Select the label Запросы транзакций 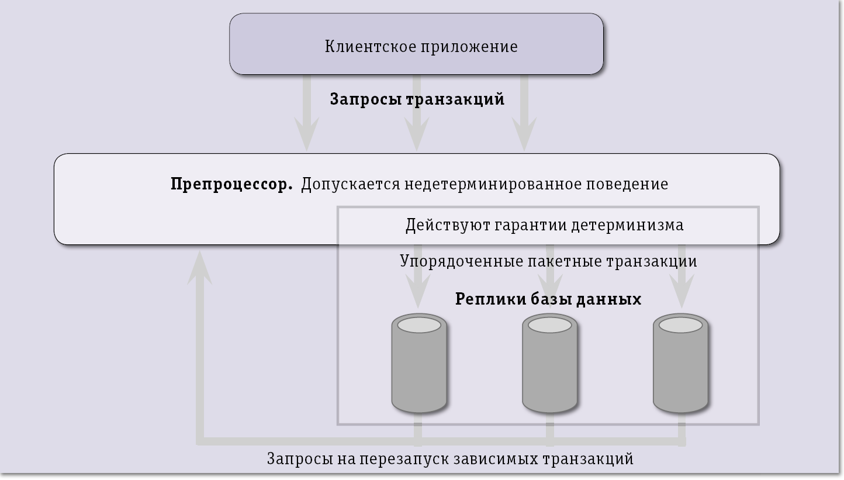point(417,99)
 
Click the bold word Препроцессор point(231,184)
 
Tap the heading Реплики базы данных point(548,299)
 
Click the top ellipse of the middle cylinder point(549,324)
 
